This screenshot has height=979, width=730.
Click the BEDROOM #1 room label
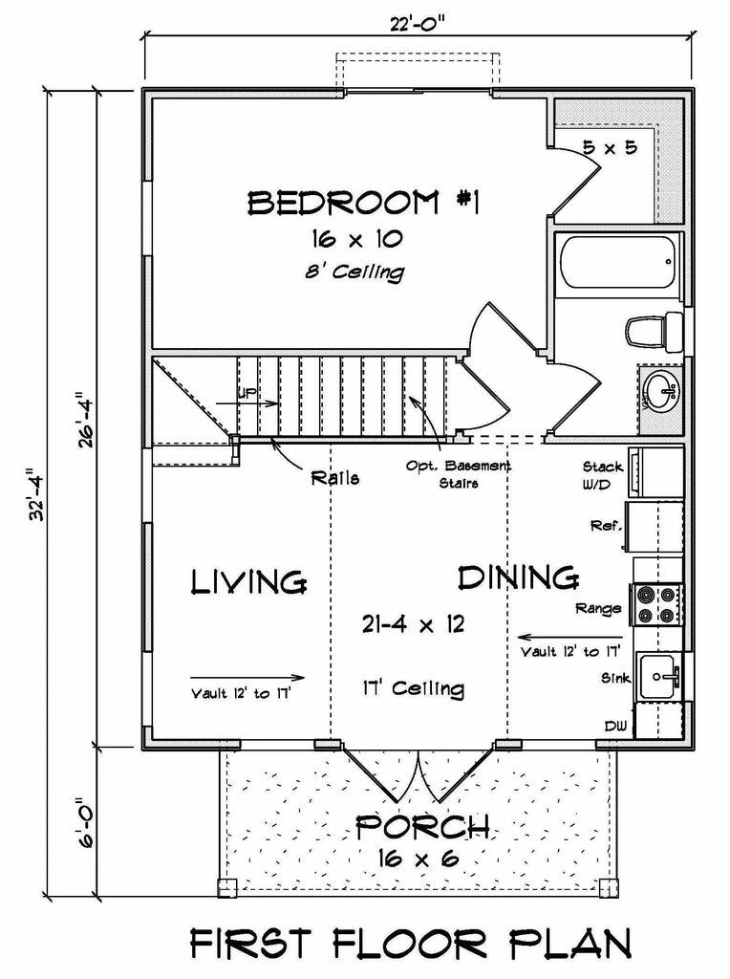(363, 203)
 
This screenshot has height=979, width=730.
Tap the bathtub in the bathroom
(618, 262)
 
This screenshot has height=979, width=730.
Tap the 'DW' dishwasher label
(615, 728)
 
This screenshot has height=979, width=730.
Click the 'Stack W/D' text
(604, 475)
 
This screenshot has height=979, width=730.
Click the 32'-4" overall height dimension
(36, 494)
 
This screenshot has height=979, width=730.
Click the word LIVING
(248, 581)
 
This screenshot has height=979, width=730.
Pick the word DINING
(519, 577)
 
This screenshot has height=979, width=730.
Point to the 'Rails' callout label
(335, 479)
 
